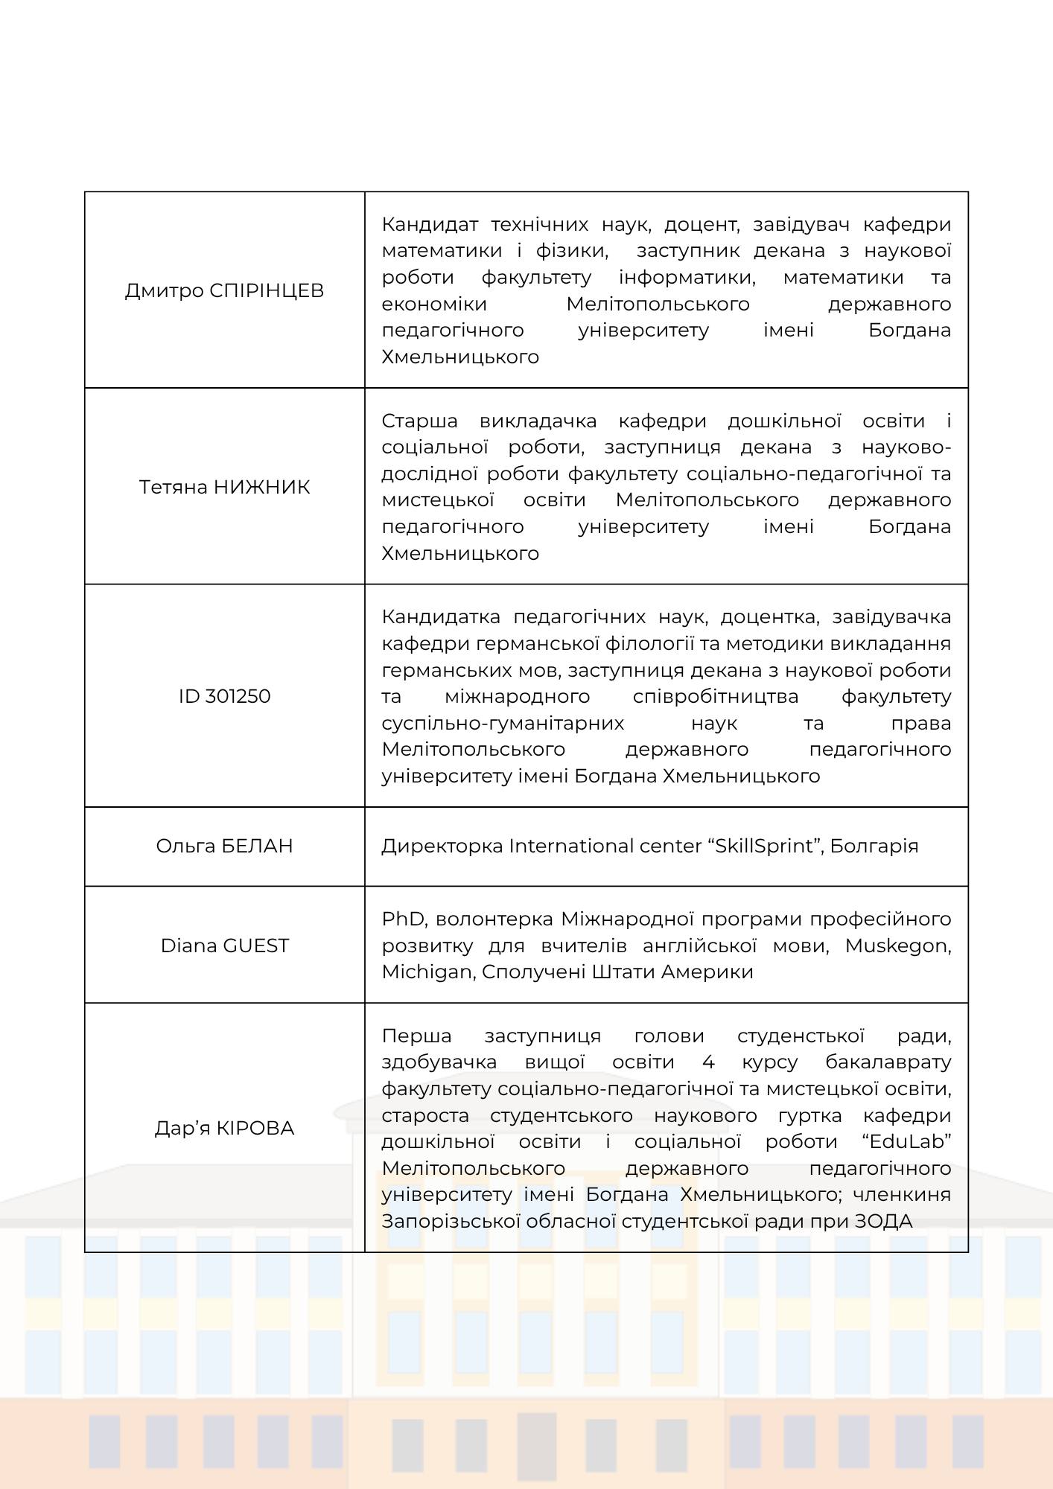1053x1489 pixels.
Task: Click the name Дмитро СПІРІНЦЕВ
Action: tap(224, 290)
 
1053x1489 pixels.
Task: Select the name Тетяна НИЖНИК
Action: tap(224, 487)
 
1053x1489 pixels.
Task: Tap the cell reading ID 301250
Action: tap(224, 696)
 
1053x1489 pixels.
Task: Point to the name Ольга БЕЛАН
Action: tap(224, 846)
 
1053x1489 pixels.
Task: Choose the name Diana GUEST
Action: tap(224, 946)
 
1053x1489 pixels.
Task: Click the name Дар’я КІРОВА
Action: tap(224, 1128)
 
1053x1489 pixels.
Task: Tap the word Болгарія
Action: tap(874, 846)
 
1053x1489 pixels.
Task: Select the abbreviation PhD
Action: tap(401, 919)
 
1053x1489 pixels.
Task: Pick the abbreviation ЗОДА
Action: tap(882, 1221)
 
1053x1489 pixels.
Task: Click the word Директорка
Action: tap(442, 846)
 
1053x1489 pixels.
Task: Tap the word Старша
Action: tap(419, 421)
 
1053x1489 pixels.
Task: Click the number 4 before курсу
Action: tap(708, 1062)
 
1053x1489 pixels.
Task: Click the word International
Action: tap(570, 846)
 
